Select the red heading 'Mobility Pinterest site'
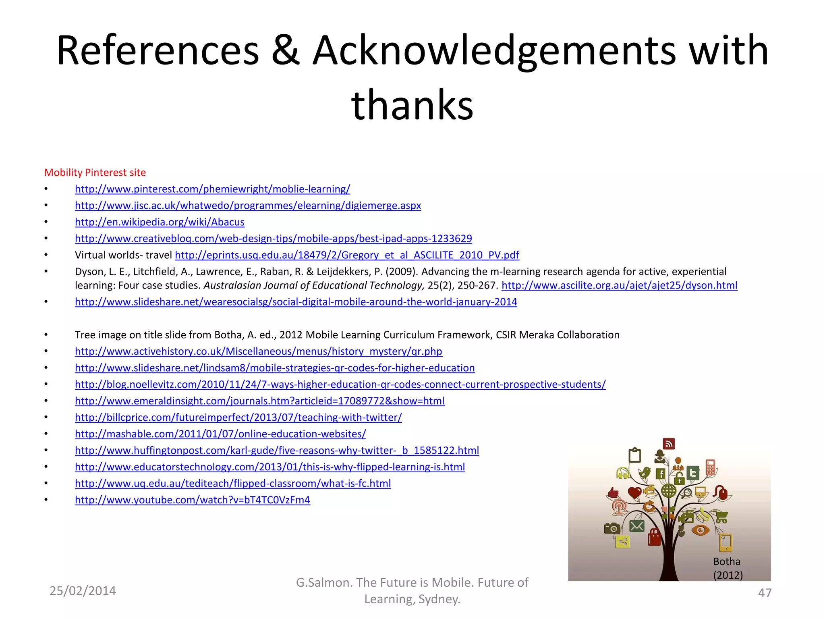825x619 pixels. point(95,172)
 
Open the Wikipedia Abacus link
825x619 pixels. point(160,222)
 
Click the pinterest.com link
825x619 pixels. point(212,189)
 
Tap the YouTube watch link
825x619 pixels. point(193,500)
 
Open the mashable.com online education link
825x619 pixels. point(220,434)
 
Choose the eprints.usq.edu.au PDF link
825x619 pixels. point(347,255)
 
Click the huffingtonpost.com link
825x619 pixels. point(277,451)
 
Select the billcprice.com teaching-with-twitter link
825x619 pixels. point(238,418)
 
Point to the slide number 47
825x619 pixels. point(765,593)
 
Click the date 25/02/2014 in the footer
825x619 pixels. point(83,591)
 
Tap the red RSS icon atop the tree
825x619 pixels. point(669,444)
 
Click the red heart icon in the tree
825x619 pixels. point(634,492)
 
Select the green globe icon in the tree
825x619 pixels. point(669,490)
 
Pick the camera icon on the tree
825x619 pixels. point(612,528)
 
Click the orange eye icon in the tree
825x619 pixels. point(700,530)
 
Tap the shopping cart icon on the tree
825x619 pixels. point(721,516)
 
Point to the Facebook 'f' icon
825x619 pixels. point(661,474)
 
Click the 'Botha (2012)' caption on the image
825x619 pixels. point(728,568)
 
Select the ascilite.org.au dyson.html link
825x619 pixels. point(619,286)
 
